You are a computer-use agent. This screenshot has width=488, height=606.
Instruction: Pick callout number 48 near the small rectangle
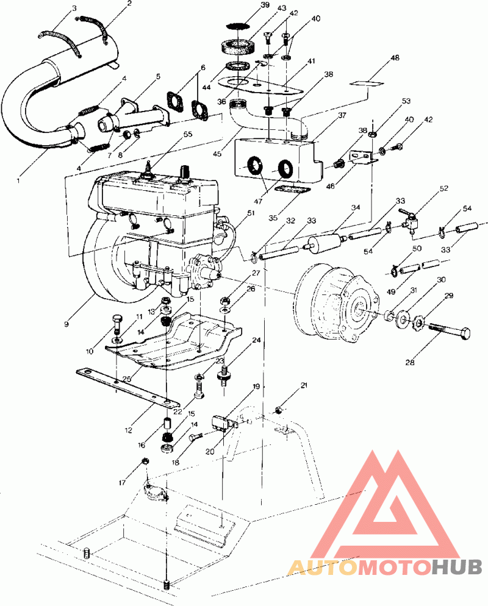pyautogui.click(x=395, y=59)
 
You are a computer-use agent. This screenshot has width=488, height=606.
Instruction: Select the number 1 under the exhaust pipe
pyautogui.click(x=18, y=180)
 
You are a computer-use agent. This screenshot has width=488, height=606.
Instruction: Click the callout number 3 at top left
pyautogui.click(x=74, y=9)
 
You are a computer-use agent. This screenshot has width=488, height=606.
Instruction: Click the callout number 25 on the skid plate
pyautogui.click(x=127, y=379)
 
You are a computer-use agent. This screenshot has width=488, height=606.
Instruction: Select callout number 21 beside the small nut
pyautogui.click(x=304, y=386)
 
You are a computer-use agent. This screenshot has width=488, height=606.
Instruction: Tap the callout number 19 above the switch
pyautogui.click(x=257, y=387)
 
